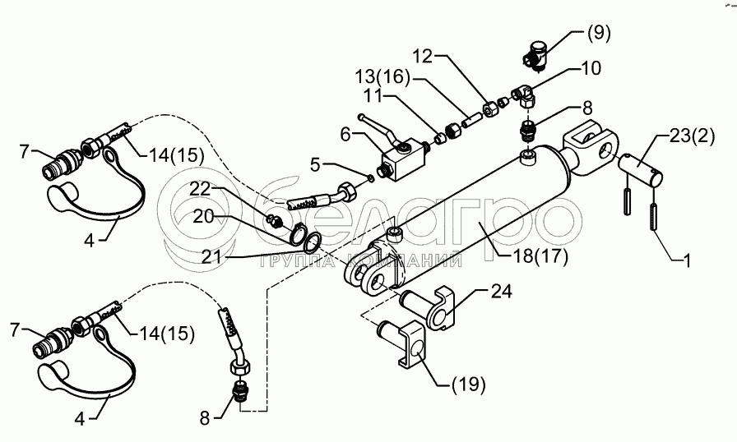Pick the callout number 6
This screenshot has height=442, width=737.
[346, 133]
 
